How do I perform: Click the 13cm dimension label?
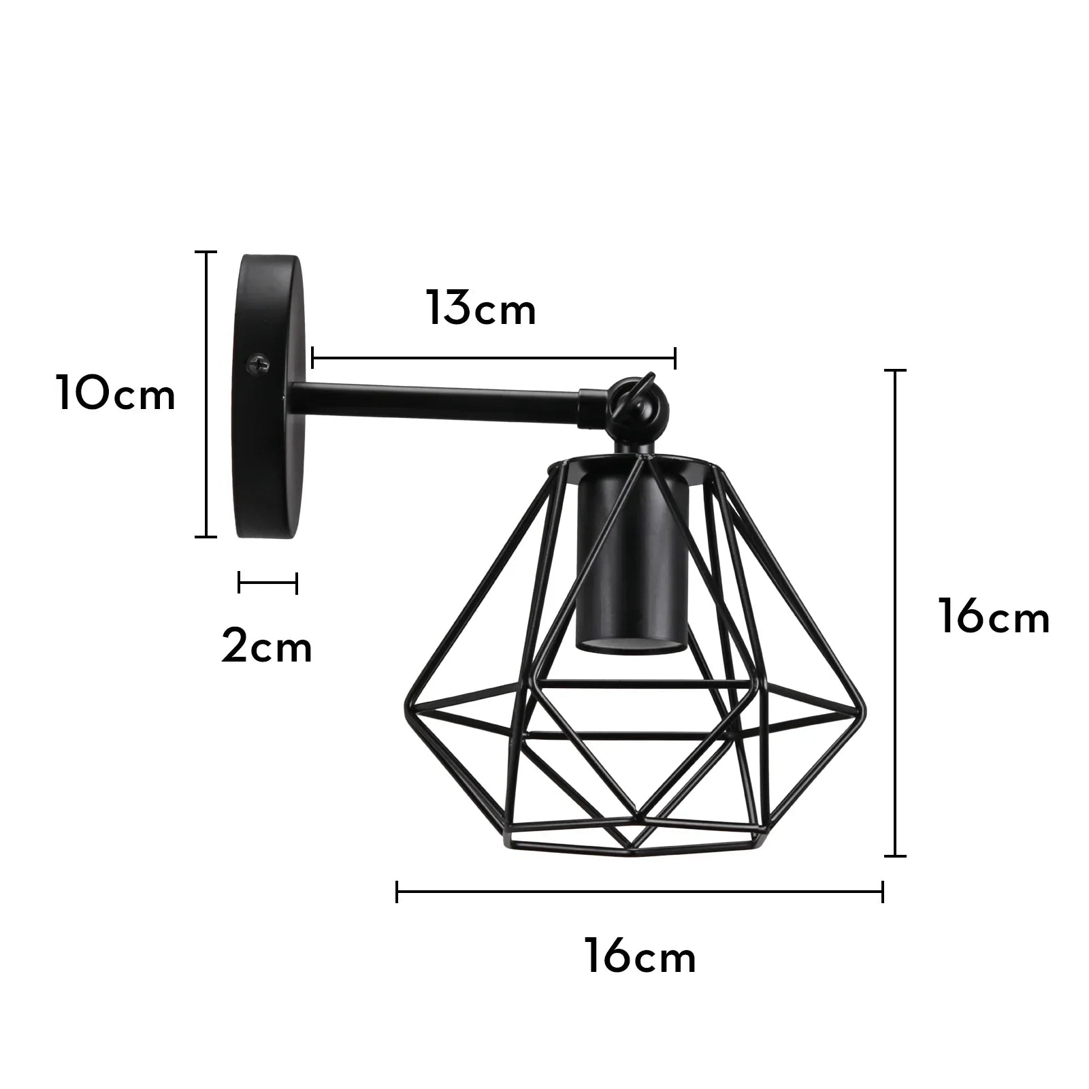481,310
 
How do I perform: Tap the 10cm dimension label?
116,395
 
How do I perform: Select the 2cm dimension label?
267,647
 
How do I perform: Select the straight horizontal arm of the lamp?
436,402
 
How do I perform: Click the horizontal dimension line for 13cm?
493,357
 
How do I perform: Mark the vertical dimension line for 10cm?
206,395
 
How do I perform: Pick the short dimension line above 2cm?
267,583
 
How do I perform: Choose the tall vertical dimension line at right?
894,613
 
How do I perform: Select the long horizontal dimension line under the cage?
640,891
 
